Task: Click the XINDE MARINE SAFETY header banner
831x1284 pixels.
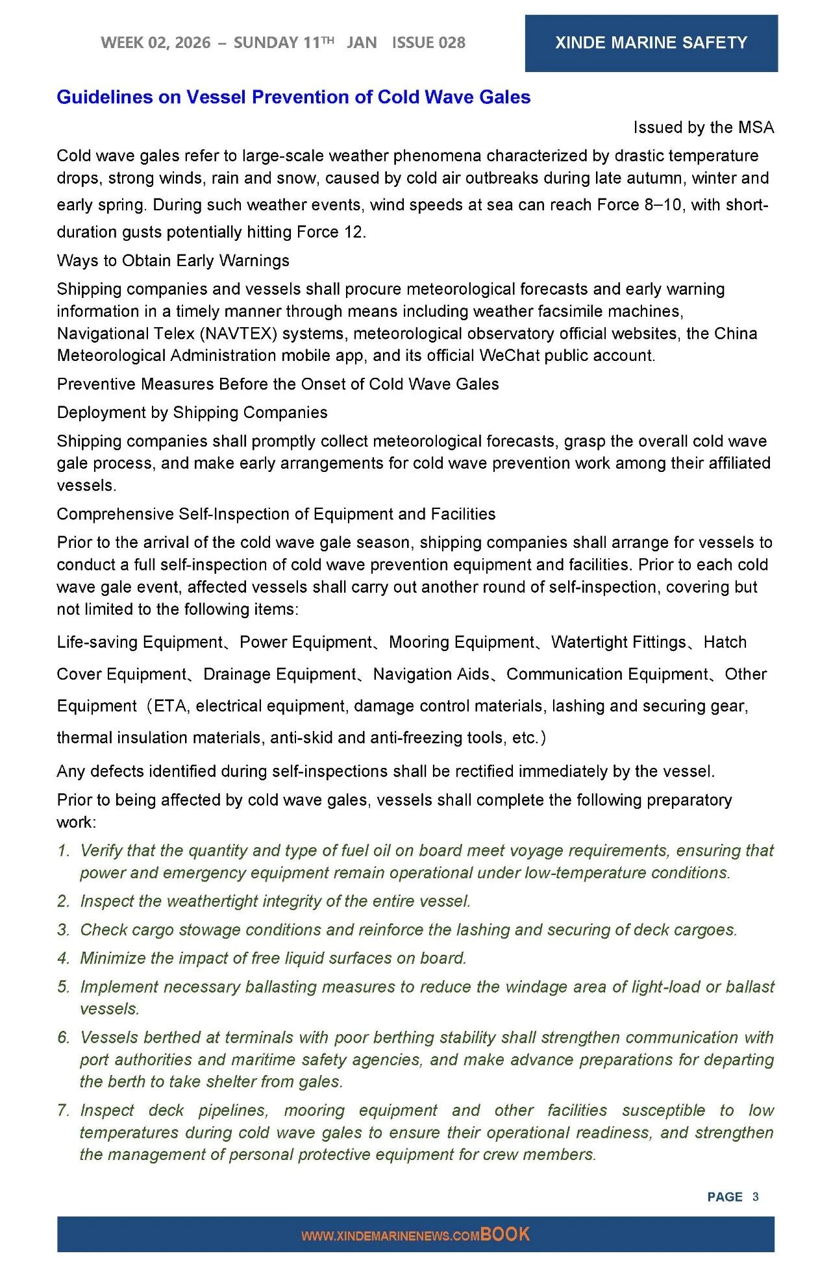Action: click(x=651, y=43)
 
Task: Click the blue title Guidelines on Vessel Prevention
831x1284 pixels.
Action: click(x=293, y=97)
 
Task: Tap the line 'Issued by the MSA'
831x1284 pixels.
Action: click(x=703, y=127)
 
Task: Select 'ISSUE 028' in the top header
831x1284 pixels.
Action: click(x=428, y=43)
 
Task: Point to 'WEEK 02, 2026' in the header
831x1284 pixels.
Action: click(x=156, y=43)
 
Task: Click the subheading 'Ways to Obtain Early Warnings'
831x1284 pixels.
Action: click(x=173, y=260)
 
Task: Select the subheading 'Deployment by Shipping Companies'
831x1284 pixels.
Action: click(x=192, y=412)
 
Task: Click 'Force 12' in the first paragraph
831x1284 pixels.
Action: click(x=330, y=232)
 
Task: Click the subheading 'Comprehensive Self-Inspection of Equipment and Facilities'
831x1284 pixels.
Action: click(x=276, y=514)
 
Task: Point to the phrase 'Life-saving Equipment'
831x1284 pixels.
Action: click(x=140, y=643)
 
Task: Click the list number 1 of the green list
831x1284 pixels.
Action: click(x=63, y=851)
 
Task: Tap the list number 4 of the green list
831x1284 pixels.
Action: click(x=63, y=959)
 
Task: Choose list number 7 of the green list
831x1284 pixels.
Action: click(x=63, y=1111)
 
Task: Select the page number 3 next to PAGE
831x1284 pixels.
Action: click(x=756, y=1197)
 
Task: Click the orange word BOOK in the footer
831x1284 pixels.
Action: click(x=505, y=1235)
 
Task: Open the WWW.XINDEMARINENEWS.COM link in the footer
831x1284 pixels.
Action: click(x=390, y=1237)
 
